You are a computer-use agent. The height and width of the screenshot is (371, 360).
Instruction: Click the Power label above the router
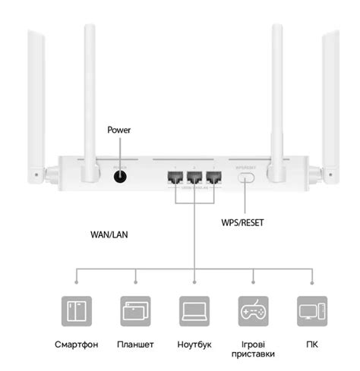coord(119,130)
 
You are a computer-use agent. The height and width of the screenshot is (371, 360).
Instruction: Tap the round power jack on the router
coord(119,178)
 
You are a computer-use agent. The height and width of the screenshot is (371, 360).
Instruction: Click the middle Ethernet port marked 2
coord(194,178)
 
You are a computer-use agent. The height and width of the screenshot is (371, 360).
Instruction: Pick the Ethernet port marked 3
coord(214,178)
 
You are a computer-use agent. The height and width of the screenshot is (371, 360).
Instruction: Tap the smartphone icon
coord(77,311)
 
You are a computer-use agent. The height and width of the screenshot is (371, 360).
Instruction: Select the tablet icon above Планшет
coord(135,311)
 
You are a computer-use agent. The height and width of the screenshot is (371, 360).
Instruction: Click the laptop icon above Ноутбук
coord(194,311)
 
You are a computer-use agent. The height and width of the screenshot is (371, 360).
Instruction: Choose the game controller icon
coord(252,311)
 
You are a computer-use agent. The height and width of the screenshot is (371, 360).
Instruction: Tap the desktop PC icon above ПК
coord(311,311)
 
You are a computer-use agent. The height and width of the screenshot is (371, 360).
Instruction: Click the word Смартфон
coord(77,345)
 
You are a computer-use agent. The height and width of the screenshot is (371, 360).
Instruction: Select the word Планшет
coord(135,345)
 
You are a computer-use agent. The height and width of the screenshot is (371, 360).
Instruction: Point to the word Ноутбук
coord(194,345)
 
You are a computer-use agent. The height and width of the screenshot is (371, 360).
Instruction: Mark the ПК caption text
coord(311,345)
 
